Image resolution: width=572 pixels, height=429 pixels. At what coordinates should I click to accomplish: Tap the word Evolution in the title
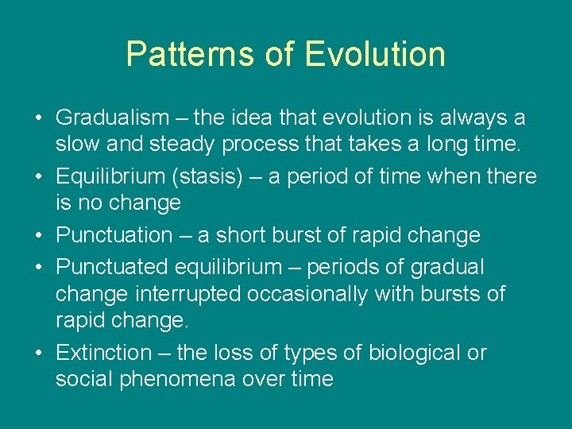coord(375,54)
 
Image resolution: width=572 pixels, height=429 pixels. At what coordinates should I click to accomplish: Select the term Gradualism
coord(113,118)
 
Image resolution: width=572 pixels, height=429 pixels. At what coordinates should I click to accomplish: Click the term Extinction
coord(104,353)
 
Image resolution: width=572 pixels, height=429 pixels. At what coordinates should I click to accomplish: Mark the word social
coord(84,380)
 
